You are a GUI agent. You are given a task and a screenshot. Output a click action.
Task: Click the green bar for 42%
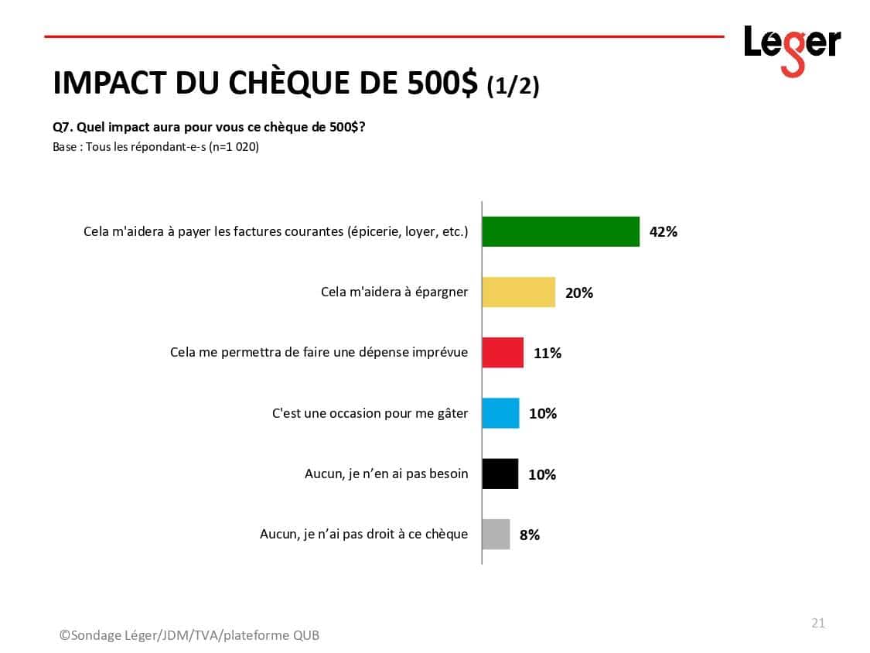(x=561, y=231)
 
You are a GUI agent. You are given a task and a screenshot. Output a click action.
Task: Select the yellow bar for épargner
(x=518, y=292)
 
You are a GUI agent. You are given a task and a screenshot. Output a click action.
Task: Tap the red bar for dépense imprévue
(x=503, y=353)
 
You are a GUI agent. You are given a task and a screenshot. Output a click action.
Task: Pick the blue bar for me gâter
(x=500, y=413)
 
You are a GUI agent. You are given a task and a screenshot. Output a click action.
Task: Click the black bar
(x=500, y=474)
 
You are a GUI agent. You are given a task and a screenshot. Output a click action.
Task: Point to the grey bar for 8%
(x=496, y=534)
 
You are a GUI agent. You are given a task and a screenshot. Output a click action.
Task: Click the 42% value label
(x=664, y=231)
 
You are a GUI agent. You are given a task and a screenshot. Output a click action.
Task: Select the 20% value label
(x=578, y=292)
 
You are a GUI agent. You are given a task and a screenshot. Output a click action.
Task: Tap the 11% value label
(x=547, y=353)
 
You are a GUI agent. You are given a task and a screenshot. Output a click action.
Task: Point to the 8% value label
(x=529, y=534)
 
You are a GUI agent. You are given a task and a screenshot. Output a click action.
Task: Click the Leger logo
(x=791, y=48)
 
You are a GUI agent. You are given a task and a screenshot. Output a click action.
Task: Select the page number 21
(x=817, y=623)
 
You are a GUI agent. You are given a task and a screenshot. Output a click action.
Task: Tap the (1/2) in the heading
(x=513, y=86)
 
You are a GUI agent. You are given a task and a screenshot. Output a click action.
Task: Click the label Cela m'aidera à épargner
(x=394, y=292)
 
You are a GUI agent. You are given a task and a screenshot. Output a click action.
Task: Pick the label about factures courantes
(x=275, y=231)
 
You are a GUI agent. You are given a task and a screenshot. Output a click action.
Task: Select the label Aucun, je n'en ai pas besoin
(x=386, y=474)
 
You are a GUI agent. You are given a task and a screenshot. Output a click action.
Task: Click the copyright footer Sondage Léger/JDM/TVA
(x=189, y=635)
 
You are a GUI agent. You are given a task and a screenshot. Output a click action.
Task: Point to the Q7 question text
(x=209, y=128)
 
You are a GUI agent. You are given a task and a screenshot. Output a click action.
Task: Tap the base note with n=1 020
(x=155, y=146)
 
